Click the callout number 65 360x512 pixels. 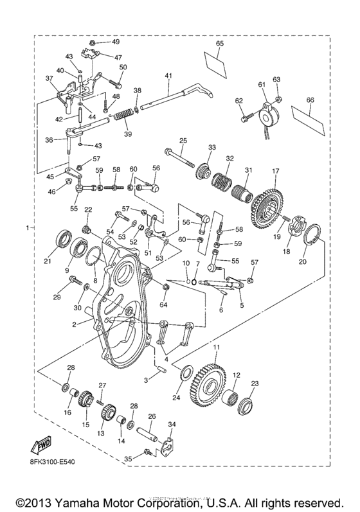(219, 43)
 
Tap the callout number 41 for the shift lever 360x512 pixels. (168, 76)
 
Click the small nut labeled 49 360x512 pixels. (93, 42)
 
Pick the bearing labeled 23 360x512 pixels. (245, 405)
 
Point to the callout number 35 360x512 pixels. (128, 459)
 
